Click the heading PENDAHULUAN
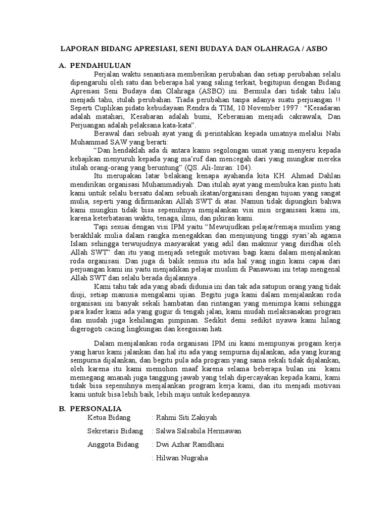(101, 66)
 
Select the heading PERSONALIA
(96, 408)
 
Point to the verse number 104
(246, 168)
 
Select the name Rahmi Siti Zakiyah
(187, 418)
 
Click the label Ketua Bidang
(109, 418)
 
